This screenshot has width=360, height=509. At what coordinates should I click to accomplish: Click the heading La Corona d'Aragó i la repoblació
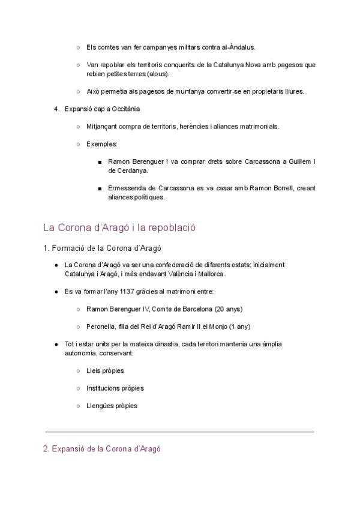point(119,228)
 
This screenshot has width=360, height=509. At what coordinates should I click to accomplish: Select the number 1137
point(129,291)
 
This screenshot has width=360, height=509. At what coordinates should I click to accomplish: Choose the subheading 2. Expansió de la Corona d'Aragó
point(102,449)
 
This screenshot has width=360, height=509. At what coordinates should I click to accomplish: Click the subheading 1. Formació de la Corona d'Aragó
point(101,247)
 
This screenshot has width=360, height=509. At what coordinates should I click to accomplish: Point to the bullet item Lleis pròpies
point(105,371)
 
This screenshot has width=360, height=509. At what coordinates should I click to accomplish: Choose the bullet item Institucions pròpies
point(115,388)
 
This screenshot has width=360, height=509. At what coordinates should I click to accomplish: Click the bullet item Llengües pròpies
point(112,406)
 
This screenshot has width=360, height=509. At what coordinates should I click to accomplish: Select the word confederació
point(176,265)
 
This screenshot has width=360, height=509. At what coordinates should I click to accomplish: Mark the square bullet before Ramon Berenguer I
point(99,162)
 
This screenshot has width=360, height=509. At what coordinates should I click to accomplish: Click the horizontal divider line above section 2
point(180,432)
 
